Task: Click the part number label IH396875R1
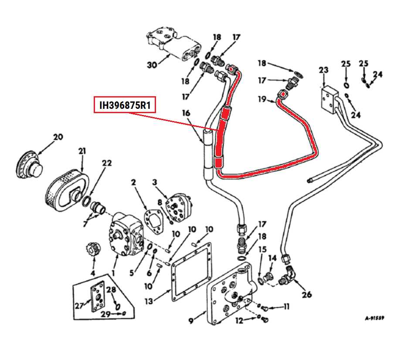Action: coord(125,105)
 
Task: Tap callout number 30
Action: coord(152,65)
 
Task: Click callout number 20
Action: coord(58,137)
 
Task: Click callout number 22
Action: coord(107,163)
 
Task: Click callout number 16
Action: coord(186,113)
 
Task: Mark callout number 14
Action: coord(272,258)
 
